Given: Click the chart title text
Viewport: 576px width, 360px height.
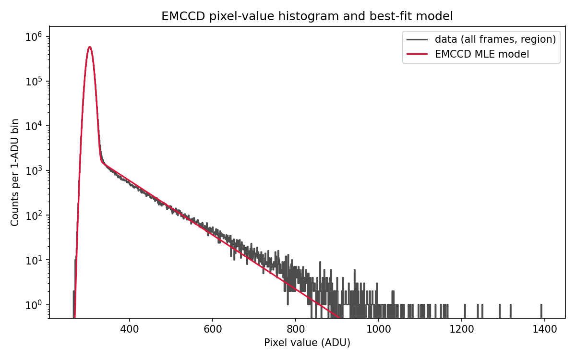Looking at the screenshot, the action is point(307,16).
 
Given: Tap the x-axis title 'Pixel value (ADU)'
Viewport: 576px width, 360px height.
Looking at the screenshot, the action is point(307,343).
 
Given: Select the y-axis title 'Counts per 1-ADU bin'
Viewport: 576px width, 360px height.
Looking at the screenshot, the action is point(15,172).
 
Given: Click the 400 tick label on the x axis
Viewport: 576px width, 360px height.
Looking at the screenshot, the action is point(129,329).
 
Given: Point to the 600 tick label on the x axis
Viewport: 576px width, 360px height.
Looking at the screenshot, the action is point(213,329).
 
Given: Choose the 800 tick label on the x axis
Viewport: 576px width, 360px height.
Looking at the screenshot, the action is point(296,329).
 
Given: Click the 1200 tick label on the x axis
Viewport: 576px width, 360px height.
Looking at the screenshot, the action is point(462,329).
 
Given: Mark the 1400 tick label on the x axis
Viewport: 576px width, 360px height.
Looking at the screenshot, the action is point(545,329).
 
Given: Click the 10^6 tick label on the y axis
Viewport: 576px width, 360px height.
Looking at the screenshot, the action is point(34,37).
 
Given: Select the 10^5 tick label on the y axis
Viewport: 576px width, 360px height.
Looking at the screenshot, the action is point(34,82).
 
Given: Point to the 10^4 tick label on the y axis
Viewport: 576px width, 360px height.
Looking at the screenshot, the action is point(34,126).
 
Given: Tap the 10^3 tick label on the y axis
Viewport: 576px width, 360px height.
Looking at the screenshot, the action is point(34,171).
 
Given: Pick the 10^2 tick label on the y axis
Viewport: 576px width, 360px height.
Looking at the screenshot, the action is point(34,216).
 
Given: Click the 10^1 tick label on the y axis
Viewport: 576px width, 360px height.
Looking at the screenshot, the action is point(34,260).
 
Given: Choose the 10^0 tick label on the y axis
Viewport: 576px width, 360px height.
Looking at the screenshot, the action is point(34,305).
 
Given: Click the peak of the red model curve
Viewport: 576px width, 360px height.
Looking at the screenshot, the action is point(90,47).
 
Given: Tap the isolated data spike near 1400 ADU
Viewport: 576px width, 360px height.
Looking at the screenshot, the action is point(541,311).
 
